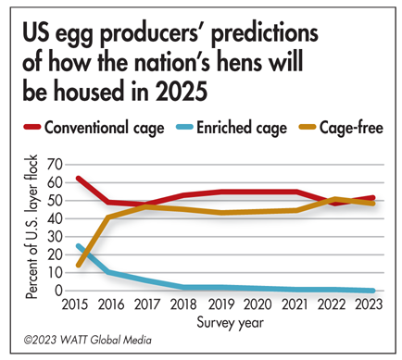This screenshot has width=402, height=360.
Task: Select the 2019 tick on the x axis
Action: [x=220, y=304]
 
